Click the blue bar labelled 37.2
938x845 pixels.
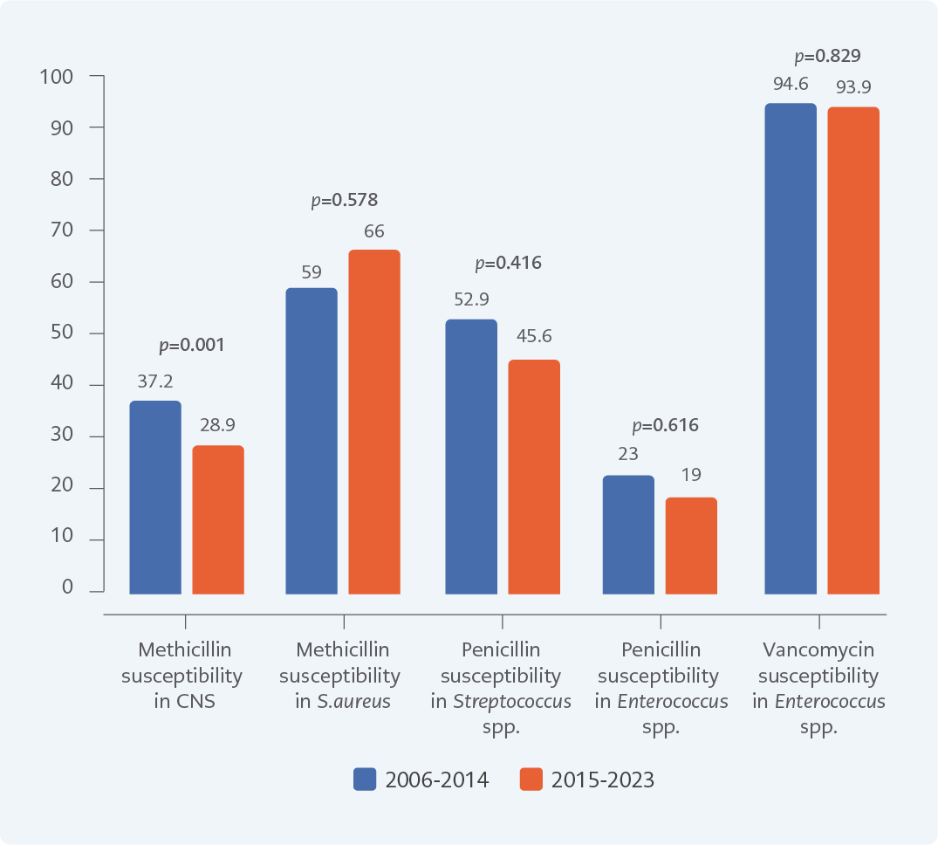(155, 498)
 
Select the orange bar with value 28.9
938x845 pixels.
(218, 519)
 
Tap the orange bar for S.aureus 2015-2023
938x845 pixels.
(374, 422)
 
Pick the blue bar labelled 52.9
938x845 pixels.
(471, 457)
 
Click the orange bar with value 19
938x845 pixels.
(691, 546)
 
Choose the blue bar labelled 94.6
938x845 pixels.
(791, 348)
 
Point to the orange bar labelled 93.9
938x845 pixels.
(853, 350)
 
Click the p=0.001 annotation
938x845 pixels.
(191, 345)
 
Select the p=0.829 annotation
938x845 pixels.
(827, 56)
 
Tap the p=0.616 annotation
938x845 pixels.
(666, 426)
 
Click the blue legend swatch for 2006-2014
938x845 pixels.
(365, 780)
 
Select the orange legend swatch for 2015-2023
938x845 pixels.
(531, 780)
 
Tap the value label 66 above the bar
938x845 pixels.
(374, 231)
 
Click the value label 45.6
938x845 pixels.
(533, 336)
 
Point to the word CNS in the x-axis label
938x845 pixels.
(195, 702)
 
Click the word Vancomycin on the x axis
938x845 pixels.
(818, 650)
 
